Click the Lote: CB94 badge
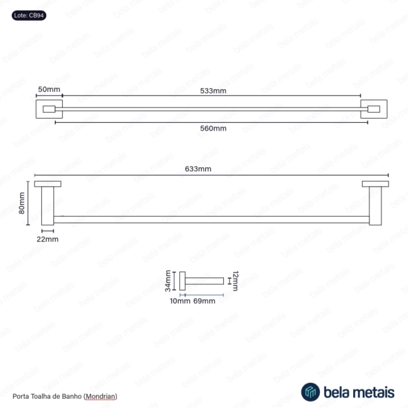point(29,15)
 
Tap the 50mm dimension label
point(49,89)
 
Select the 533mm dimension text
point(213,91)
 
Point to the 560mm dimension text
point(213,128)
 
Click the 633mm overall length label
point(198,169)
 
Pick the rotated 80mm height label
point(21,203)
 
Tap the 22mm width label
point(47,239)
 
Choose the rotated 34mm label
point(168,281)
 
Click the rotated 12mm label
point(235,281)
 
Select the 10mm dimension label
point(180,301)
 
